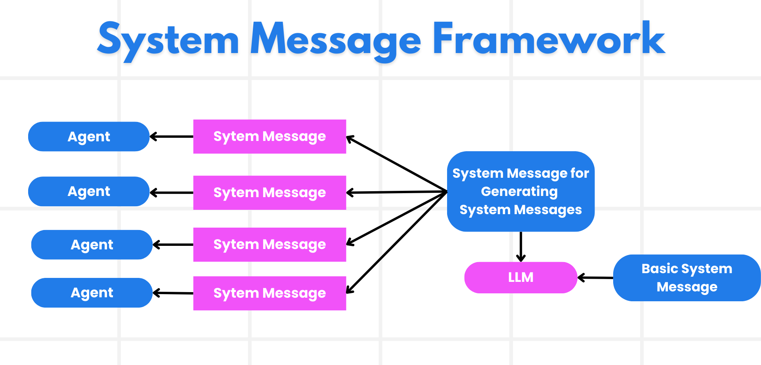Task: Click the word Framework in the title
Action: (x=549, y=40)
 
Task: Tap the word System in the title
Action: (x=168, y=40)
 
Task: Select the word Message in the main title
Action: (x=335, y=40)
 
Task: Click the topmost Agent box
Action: (x=89, y=137)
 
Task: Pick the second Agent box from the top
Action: (x=89, y=192)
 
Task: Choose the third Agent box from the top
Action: (x=92, y=245)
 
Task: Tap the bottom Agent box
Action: (x=92, y=293)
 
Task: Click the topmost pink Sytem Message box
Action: (x=270, y=137)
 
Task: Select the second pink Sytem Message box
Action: (x=270, y=193)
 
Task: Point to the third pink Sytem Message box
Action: (x=270, y=245)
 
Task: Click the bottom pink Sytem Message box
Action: (x=270, y=293)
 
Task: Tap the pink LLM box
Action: (x=520, y=278)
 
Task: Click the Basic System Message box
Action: (x=686, y=278)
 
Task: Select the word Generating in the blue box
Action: (x=519, y=192)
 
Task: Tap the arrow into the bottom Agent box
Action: (x=173, y=293)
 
